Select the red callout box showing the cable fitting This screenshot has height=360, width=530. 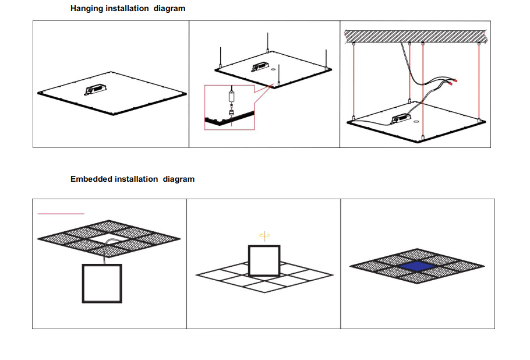pyautogui.click(x=229, y=107)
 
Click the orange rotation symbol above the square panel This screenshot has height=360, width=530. pyautogui.click(x=265, y=235)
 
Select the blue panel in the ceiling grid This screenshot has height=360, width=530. pyautogui.click(x=416, y=266)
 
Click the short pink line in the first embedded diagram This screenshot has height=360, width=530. pyautogui.click(x=61, y=214)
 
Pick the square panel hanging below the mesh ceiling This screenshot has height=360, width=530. pyautogui.click(x=102, y=283)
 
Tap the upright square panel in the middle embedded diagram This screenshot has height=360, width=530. pyautogui.click(x=264, y=260)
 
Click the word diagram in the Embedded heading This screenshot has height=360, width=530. pyautogui.click(x=178, y=179)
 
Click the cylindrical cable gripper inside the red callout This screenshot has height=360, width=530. pyautogui.click(x=231, y=94)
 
